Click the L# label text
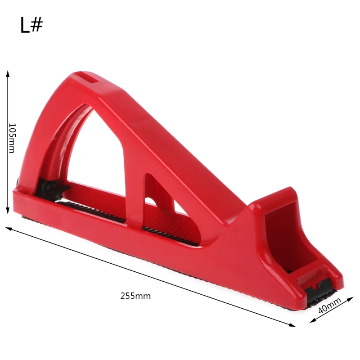coord(31,26)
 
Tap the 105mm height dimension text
coord(12,138)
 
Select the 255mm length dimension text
coord(135,296)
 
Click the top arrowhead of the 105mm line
coord(8,72)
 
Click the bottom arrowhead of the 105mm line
coord(8,212)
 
